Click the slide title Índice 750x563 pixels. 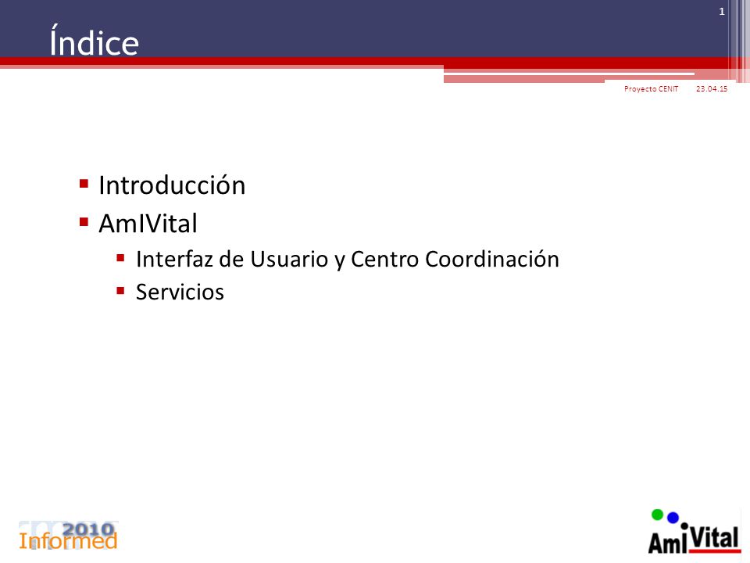(x=95, y=41)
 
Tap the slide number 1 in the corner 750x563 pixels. (x=722, y=12)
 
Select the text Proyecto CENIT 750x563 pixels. (x=651, y=88)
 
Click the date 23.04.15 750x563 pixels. (x=712, y=88)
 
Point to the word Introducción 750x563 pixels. (x=172, y=185)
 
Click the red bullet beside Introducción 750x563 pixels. (x=84, y=183)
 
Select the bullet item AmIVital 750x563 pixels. (x=148, y=223)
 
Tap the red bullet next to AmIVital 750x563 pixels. (x=84, y=221)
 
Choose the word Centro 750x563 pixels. (x=385, y=259)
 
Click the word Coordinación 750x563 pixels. (x=492, y=259)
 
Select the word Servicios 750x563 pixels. (x=180, y=292)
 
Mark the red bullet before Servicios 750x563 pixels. (x=120, y=291)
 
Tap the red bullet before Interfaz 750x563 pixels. (x=120, y=258)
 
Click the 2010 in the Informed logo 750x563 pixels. (x=89, y=529)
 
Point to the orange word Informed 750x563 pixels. (x=68, y=541)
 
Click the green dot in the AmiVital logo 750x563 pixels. (x=658, y=515)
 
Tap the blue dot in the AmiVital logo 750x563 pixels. (x=673, y=518)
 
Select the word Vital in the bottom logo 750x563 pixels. (x=715, y=539)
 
